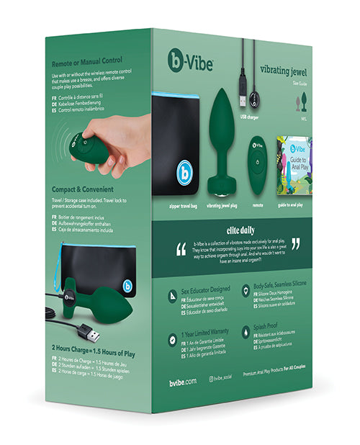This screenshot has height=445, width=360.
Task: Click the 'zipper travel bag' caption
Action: tap(181, 205)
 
